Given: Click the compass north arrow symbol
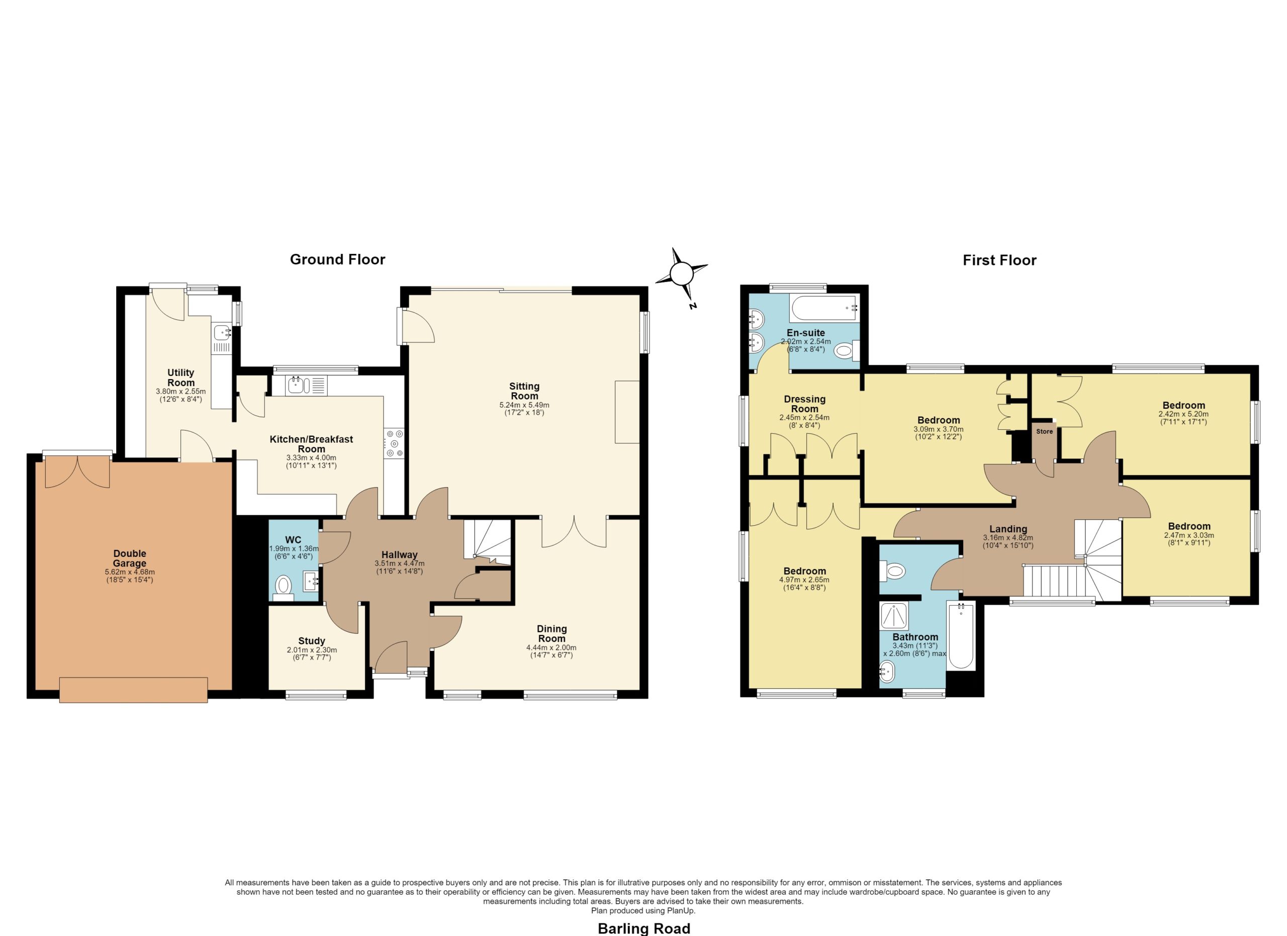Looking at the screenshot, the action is point(682,274).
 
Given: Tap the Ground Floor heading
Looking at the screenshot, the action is point(338,259).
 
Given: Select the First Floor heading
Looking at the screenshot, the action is point(999,260).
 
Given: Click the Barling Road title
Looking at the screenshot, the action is point(644,928).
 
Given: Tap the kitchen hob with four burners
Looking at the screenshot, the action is point(394,443).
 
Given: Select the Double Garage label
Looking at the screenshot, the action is point(130,558).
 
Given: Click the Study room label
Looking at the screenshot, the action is point(312,641).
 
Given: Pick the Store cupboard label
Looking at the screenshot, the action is point(1044,431).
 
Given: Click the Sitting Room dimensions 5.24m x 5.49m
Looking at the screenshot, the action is point(524,405).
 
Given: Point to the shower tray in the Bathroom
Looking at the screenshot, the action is point(894,615).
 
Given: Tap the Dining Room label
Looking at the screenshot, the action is point(551,634).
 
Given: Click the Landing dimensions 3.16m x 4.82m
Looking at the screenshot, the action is point(1008,538).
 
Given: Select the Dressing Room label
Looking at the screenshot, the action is point(805,404).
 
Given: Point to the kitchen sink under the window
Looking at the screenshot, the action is point(307,386).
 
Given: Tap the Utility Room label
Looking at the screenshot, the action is point(181,377).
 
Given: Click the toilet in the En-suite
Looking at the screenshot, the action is point(846,351).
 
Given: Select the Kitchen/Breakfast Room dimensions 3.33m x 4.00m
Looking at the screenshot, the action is point(311,458).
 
